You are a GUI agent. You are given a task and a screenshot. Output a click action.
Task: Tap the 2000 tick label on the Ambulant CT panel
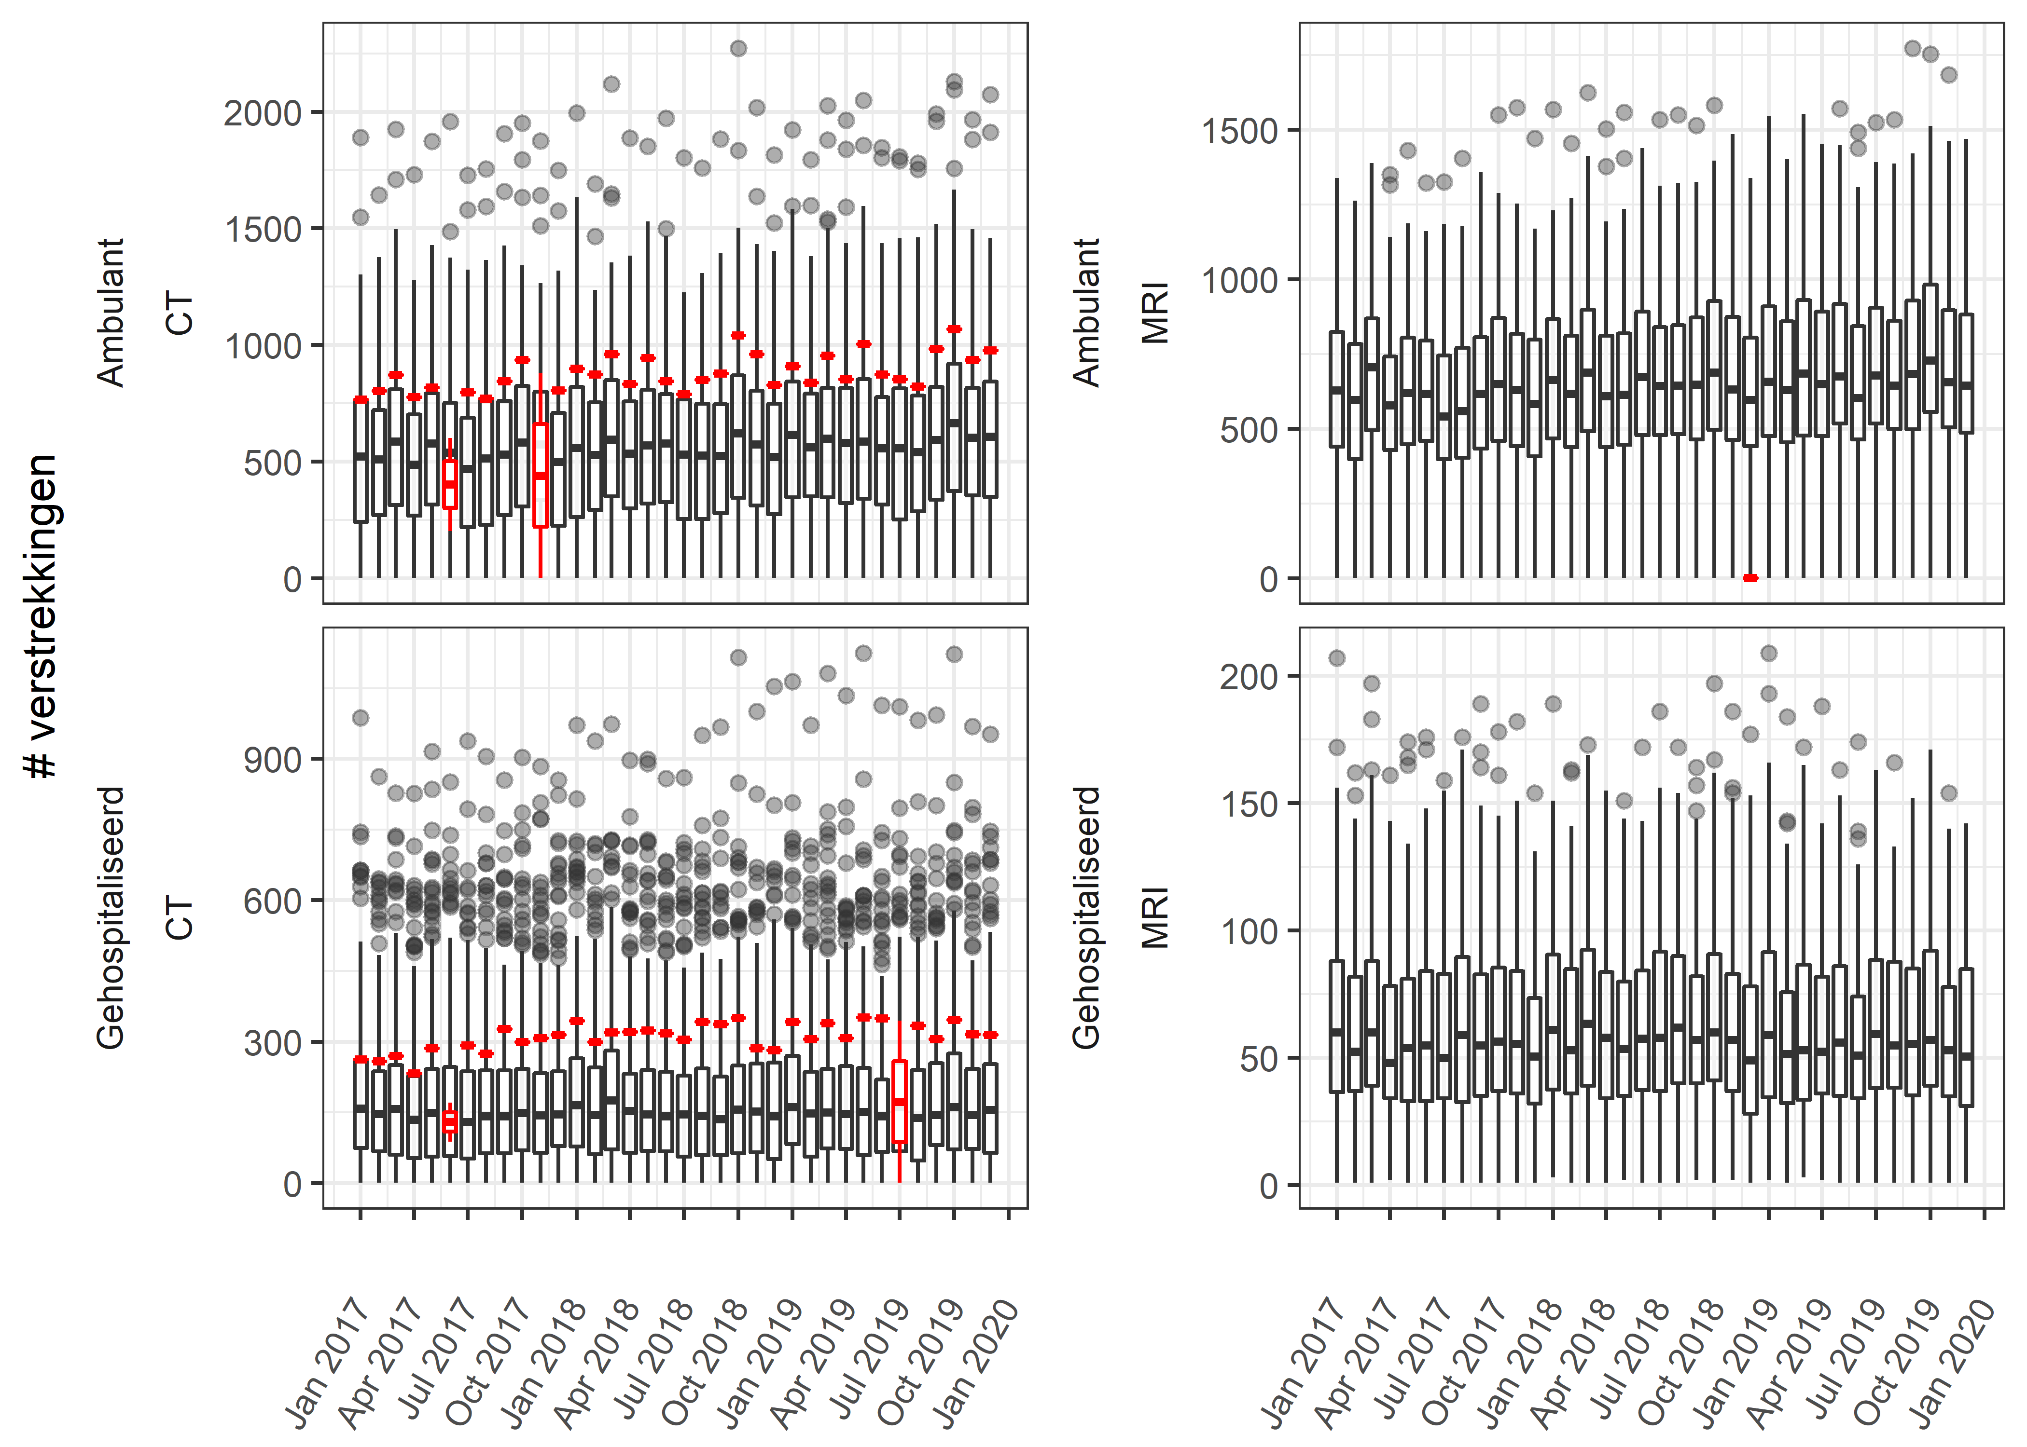[263, 113]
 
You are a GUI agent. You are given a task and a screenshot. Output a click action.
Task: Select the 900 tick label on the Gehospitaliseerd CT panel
[273, 760]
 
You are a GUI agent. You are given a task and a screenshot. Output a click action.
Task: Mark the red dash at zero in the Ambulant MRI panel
[1750, 578]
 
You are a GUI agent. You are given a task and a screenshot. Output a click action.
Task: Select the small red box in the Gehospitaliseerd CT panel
[450, 1121]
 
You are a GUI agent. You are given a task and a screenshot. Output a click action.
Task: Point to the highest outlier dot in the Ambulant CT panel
[738, 48]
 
